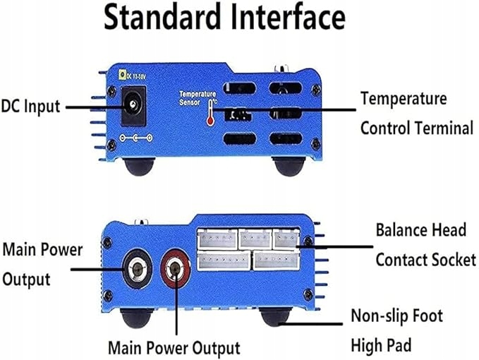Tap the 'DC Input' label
30,107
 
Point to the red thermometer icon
210,112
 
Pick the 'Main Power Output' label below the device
174,347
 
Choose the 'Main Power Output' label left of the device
42,264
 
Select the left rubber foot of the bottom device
133,318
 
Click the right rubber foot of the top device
289,167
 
